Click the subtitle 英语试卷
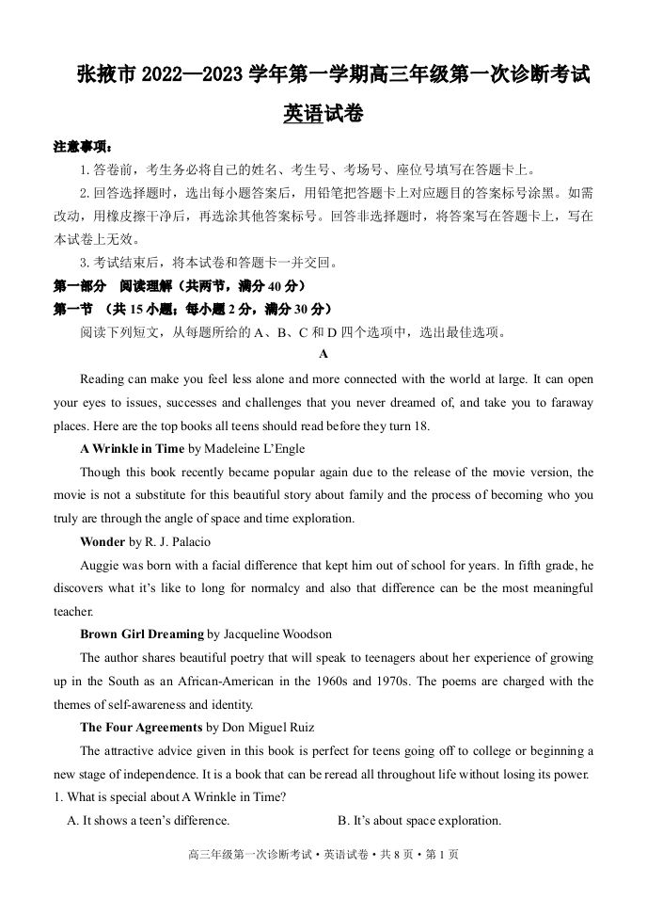click(x=323, y=115)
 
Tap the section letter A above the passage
click(x=323, y=355)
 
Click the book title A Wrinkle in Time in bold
click(x=132, y=449)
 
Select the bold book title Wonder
click(x=103, y=541)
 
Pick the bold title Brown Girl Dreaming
click(x=141, y=634)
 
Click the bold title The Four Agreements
click(x=141, y=728)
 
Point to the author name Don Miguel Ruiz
click(x=266, y=728)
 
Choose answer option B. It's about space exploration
click(x=419, y=821)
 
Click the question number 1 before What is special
click(x=57, y=797)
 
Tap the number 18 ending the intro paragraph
click(x=420, y=425)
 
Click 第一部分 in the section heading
click(x=80, y=286)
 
